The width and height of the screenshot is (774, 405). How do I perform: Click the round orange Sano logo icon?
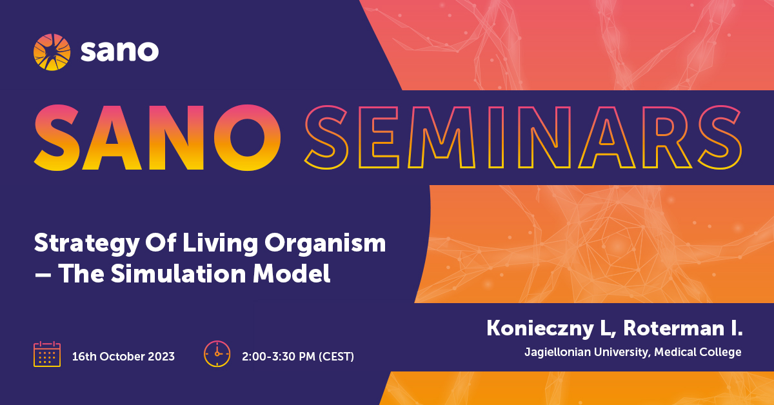click(x=52, y=51)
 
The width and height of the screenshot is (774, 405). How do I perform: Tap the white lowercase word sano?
click(x=120, y=51)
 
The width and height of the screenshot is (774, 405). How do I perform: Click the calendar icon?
click(x=47, y=354)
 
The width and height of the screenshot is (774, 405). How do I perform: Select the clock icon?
click(x=217, y=354)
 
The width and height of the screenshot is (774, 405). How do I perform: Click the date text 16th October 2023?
click(x=123, y=356)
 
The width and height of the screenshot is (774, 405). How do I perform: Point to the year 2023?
click(x=161, y=356)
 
